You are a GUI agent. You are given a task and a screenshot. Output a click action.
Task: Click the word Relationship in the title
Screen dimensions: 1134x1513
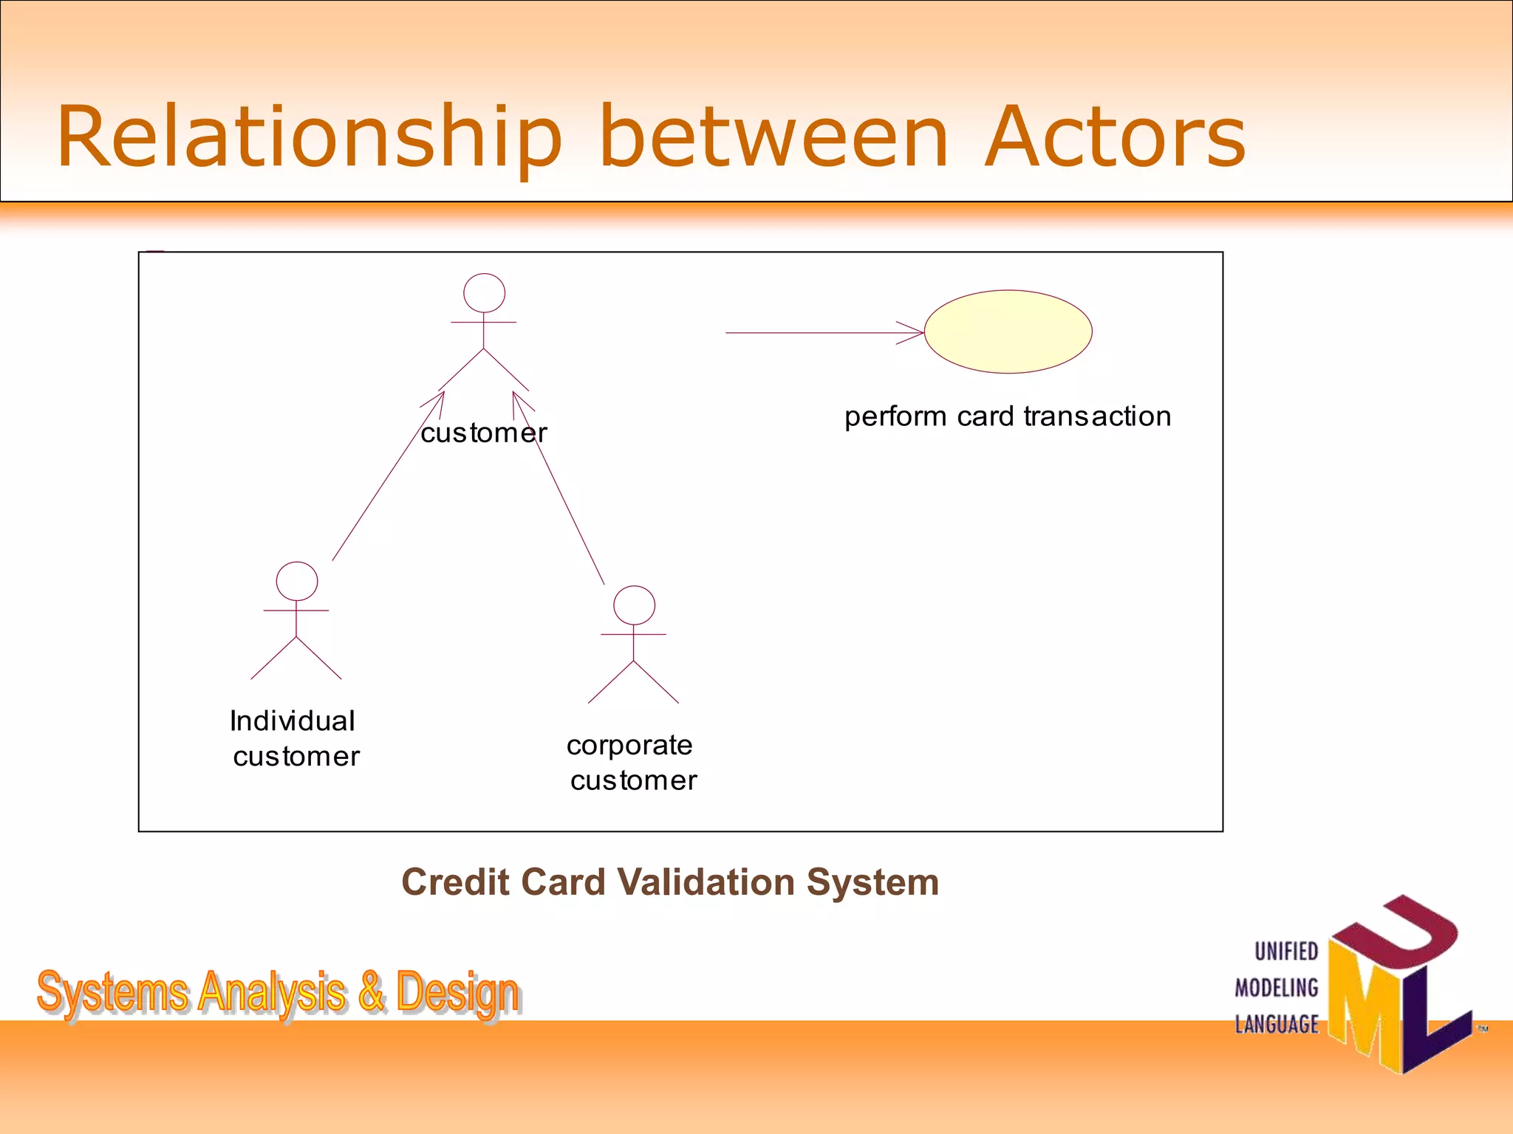click(x=309, y=137)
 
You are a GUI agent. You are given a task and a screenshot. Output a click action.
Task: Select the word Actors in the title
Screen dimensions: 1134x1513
click(x=1116, y=137)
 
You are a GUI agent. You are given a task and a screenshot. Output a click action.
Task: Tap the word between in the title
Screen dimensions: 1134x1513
click(x=773, y=137)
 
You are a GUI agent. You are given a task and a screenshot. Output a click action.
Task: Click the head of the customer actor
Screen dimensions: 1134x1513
click(x=484, y=293)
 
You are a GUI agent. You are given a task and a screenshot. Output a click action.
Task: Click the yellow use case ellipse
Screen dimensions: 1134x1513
click(x=1008, y=331)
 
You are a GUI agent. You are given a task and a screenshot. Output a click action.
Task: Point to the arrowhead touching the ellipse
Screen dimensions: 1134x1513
click(x=913, y=333)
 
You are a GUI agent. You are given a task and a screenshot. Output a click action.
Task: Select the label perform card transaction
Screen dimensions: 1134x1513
click(x=1008, y=416)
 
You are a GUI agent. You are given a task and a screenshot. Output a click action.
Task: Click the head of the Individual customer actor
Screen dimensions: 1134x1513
click(x=297, y=582)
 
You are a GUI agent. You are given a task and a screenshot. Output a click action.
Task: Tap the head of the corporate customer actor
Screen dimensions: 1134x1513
click(x=634, y=605)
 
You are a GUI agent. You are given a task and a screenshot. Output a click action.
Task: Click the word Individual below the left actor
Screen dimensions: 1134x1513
click(x=293, y=721)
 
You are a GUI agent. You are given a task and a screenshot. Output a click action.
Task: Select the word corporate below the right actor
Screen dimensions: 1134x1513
click(x=629, y=746)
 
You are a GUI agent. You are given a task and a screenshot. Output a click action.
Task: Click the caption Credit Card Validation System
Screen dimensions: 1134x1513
click(x=670, y=882)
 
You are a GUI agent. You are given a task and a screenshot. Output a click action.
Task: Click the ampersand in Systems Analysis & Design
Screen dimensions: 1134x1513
click(x=371, y=992)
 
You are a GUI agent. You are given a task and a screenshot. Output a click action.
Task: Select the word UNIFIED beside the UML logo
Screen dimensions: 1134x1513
click(x=1286, y=951)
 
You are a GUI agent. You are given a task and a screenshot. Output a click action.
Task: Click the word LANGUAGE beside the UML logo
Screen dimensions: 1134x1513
click(x=1277, y=1024)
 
